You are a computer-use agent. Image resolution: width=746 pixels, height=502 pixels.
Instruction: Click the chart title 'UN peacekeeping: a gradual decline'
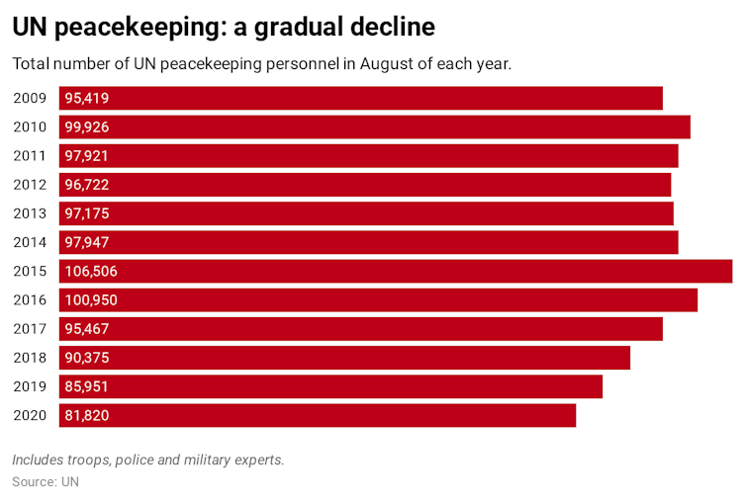click(x=224, y=27)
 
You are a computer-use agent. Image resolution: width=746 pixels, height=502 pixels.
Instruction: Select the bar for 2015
click(x=396, y=272)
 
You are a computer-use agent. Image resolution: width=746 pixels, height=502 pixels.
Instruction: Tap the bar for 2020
click(x=317, y=416)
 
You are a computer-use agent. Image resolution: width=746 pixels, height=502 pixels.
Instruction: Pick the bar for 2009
click(x=361, y=98)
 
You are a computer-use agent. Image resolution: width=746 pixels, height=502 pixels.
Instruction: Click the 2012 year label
click(x=30, y=185)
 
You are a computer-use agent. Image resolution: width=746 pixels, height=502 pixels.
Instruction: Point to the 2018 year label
click(x=30, y=358)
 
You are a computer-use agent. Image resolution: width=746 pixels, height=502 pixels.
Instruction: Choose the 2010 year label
click(x=30, y=126)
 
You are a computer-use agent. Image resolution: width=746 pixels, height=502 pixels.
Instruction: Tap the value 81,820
click(x=87, y=416)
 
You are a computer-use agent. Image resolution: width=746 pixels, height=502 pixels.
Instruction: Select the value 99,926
click(x=87, y=126)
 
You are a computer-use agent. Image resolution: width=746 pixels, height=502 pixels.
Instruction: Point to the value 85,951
click(x=87, y=386)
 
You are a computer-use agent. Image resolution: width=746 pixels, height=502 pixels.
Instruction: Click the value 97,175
click(x=87, y=213)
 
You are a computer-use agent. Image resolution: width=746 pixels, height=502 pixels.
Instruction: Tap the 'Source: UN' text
click(x=46, y=482)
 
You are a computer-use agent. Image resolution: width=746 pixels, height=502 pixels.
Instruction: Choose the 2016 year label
click(x=30, y=300)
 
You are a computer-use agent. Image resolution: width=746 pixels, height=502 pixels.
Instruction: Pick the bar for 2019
click(x=331, y=386)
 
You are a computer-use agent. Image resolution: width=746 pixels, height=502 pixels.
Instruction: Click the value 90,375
click(x=87, y=358)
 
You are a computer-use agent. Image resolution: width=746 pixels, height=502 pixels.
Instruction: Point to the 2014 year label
click(x=30, y=242)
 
